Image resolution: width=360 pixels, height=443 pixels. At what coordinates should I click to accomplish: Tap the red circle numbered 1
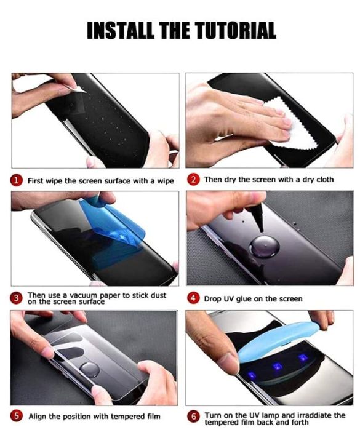pos(18,180)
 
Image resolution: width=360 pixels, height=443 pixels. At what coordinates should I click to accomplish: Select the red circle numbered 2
pos(194,180)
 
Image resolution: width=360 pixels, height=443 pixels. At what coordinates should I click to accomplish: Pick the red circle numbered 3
pos(18,298)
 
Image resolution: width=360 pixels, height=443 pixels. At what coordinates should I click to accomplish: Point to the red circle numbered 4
pos(194,298)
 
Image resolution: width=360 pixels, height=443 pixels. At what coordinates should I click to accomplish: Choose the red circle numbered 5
pos(18,417)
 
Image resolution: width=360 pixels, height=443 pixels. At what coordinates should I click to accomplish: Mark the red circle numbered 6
pos(194,417)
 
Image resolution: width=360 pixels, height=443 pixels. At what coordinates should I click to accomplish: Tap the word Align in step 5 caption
pos(40,417)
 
